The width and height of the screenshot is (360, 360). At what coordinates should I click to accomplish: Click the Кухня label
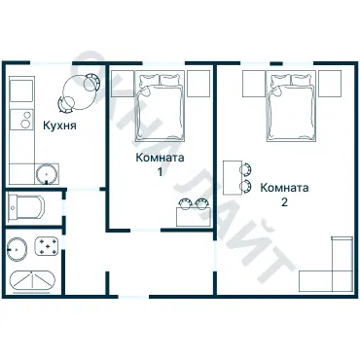(59, 126)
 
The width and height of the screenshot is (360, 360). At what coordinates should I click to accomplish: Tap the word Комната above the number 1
(160, 158)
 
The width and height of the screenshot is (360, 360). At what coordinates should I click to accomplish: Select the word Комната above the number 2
(284, 188)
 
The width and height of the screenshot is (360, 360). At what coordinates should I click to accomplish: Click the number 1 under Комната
(160, 172)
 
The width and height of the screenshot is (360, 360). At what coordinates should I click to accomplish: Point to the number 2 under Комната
(284, 202)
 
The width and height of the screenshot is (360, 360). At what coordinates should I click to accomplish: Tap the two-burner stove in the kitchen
(21, 120)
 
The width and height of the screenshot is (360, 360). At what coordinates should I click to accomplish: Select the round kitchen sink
(47, 174)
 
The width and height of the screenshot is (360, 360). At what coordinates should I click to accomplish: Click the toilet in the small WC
(26, 207)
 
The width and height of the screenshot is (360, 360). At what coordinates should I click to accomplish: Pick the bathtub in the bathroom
(32, 280)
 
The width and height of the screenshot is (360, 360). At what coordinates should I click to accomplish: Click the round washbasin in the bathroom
(17, 249)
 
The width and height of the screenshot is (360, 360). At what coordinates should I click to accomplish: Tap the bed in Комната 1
(160, 106)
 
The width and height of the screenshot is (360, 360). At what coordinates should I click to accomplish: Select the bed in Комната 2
(291, 106)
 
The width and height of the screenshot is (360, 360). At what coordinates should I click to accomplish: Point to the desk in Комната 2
(233, 178)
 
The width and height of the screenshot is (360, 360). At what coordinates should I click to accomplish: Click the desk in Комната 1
(194, 217)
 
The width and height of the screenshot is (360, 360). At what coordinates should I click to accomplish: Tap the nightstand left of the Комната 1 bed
(123, 84)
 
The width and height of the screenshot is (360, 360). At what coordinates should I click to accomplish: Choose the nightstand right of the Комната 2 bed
(330, 84)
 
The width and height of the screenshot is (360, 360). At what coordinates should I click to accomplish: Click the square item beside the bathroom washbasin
(47, 247)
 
